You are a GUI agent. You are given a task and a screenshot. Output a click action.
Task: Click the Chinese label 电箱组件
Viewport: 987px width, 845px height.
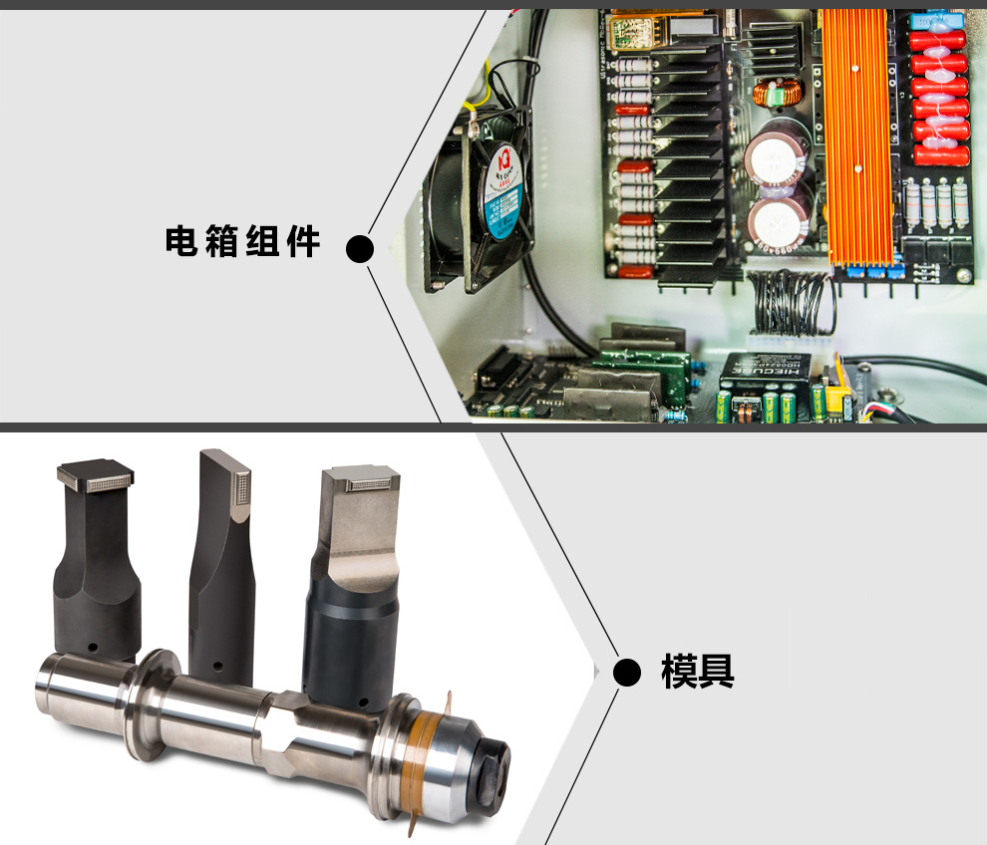[242, 241]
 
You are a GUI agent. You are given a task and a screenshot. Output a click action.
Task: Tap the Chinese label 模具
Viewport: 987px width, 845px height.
[698, 671]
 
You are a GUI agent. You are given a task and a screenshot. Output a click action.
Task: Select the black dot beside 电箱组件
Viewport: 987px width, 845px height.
[360, 248]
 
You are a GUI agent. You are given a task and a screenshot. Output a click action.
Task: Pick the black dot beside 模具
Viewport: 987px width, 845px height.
[626, 673]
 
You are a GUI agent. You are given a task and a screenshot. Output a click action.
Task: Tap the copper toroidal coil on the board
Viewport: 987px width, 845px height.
[778, 93]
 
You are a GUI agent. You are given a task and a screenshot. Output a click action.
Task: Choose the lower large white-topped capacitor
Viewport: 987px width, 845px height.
[780, 224]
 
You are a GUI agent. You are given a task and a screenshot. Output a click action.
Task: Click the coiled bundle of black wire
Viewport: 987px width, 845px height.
[794, 302]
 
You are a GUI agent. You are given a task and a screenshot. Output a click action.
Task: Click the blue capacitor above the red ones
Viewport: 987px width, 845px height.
[936, 22]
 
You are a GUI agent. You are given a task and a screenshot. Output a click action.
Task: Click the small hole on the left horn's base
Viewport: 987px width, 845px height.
[93, 647]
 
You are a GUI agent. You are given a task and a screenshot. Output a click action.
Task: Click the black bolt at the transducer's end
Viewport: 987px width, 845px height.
[494, 769]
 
